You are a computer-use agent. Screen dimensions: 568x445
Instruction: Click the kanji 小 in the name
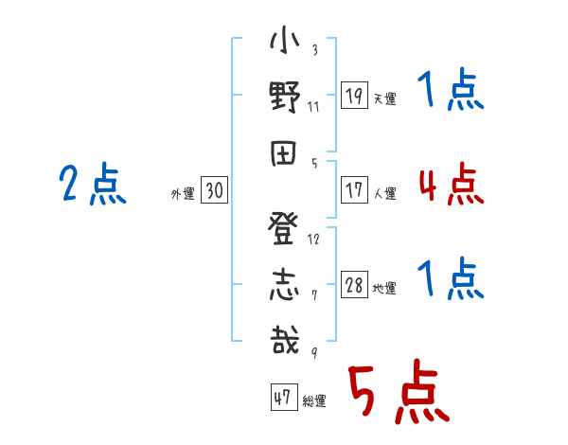pyautogui.click(x=284, y=40)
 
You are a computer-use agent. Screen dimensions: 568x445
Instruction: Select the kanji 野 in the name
pyautogui.click(x=285, y=97)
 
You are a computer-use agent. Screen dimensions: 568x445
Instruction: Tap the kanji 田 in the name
pyautogui.click(x=283, y=153)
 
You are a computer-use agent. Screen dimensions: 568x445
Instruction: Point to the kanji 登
pyautogui.click(x=283, y=228)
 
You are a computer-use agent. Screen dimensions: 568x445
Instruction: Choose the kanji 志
pyautogui.click(x=284, y=285)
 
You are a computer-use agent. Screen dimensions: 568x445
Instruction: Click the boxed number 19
pyautogui.click(x=354, y=95)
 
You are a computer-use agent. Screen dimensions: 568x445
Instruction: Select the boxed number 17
pyautogui.click(x=354, y=189)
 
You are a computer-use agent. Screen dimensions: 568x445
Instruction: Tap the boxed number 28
pyautogui.click(x=354, y=284)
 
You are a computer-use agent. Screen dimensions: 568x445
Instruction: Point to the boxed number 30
pyautogui.click(x=214, y=189)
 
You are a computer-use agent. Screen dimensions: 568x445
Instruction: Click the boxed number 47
pyautogui.click(x=284, y=397)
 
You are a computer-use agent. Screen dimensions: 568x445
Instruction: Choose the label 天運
pyautogui.click(x=385, y=98)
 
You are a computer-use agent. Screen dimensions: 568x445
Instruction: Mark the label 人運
pyautogui.click(x=385, y=193)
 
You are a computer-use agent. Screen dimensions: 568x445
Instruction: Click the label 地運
pyautogui.click(x=384, y=288)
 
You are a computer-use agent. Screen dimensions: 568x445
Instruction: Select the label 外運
pyautogui.click(x=183, y=193)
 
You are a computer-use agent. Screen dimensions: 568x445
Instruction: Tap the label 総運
pyautogui.click(x=314, y=400)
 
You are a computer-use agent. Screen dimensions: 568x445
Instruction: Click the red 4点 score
pyautogui.click(x=452, y=184)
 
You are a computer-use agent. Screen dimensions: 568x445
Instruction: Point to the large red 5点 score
pyautogui.click(x=399, y=391)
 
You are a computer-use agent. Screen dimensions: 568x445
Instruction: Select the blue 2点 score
pyautogui.click(x=93, y=183)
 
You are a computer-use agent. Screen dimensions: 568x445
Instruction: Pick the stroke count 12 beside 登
pyautogui.click(x=313, y=239)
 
